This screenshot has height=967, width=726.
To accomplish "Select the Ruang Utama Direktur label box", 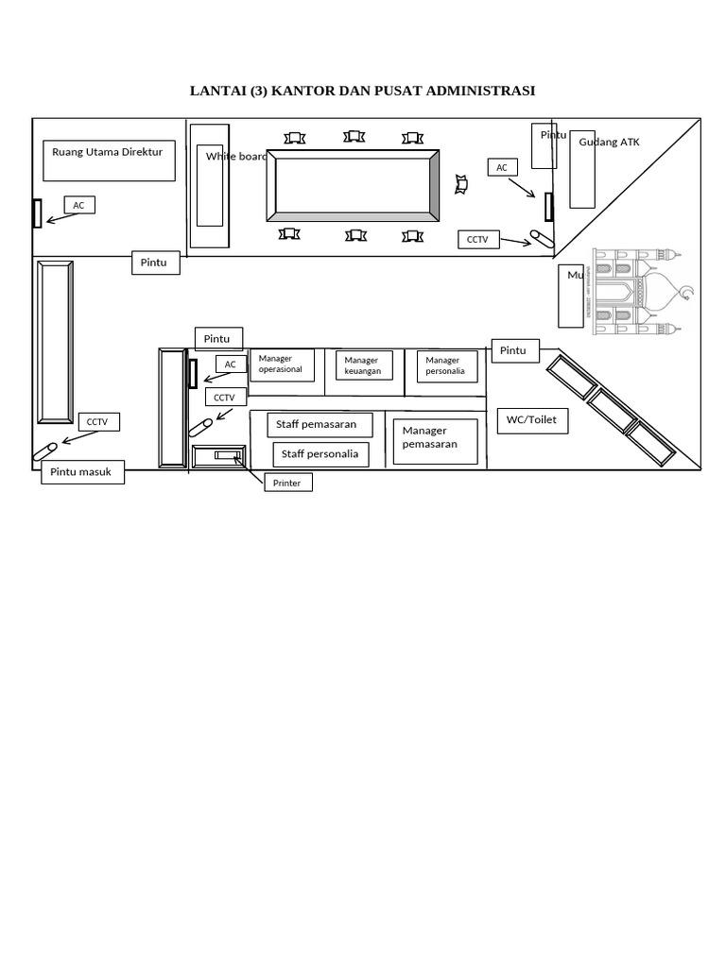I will click(109, 161).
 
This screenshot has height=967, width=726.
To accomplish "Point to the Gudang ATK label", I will click(610, 142).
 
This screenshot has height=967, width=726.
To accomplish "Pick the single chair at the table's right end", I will click(461, 184).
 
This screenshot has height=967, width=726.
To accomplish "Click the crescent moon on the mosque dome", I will click(686, 293).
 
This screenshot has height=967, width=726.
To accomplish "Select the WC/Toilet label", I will click(532, 420).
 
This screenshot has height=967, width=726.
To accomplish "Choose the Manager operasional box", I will click(281, 365).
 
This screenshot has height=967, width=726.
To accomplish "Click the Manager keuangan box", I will click(364, 365).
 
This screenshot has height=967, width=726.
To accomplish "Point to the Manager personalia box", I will click(444, 365).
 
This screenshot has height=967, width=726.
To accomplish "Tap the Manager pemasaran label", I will click(429, 437).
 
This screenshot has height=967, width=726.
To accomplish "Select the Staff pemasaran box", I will click(319, 425).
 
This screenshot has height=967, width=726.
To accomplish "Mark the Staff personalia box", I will click(319, 454).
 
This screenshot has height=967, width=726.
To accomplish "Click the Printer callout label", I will click(287, 483).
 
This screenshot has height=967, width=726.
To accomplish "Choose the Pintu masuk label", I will click(82, 472).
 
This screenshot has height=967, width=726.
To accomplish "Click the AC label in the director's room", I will click(79, 205).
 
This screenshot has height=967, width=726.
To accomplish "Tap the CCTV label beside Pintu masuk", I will click(98, 422).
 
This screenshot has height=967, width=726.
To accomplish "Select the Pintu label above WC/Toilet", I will click(513, 351).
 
